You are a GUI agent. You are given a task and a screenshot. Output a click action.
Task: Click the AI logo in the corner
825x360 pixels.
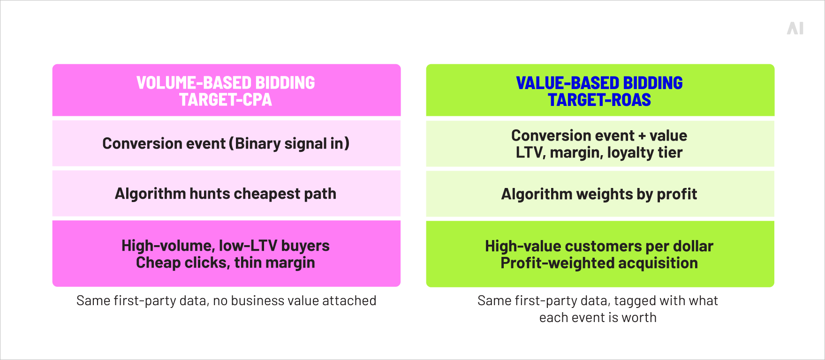(795, 29)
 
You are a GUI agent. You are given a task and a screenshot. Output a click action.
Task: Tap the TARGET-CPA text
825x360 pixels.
(226, 100)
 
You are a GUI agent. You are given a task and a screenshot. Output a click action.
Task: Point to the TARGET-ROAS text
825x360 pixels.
(599, 100)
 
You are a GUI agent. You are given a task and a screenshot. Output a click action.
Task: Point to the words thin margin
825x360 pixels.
(274, 263)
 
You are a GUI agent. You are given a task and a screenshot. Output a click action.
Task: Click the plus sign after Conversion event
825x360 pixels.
(642, 136)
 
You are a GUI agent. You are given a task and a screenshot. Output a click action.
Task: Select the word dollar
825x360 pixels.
(693, 246)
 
